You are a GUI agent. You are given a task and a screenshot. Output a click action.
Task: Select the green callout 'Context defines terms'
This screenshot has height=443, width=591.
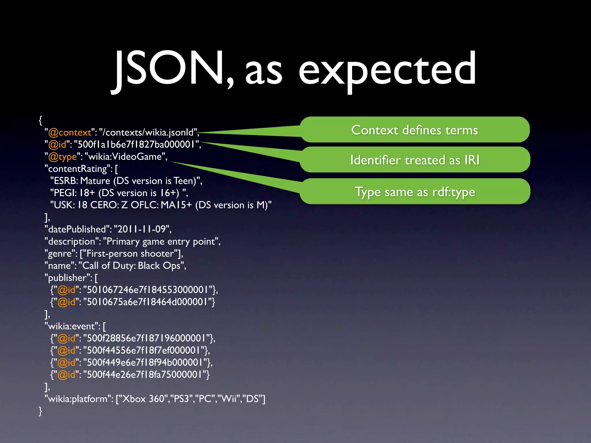point(414,130)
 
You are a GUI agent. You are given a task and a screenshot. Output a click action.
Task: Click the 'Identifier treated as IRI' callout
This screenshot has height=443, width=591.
point(414,160)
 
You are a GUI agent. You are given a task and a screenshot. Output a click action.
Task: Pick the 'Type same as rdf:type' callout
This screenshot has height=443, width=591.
point(414,192)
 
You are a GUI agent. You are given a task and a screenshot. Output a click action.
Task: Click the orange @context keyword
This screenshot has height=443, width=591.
point(70,132)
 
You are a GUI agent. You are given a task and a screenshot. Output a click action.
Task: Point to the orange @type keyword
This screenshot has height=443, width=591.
point(63,157)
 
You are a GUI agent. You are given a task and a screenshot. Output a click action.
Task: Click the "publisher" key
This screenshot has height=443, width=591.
point(68,278)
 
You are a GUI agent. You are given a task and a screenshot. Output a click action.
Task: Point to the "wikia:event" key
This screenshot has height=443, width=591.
point(72,326)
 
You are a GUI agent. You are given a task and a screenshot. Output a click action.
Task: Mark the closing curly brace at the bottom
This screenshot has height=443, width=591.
point(40,411)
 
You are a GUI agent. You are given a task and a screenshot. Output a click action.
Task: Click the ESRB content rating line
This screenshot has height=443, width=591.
point(126,181)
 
